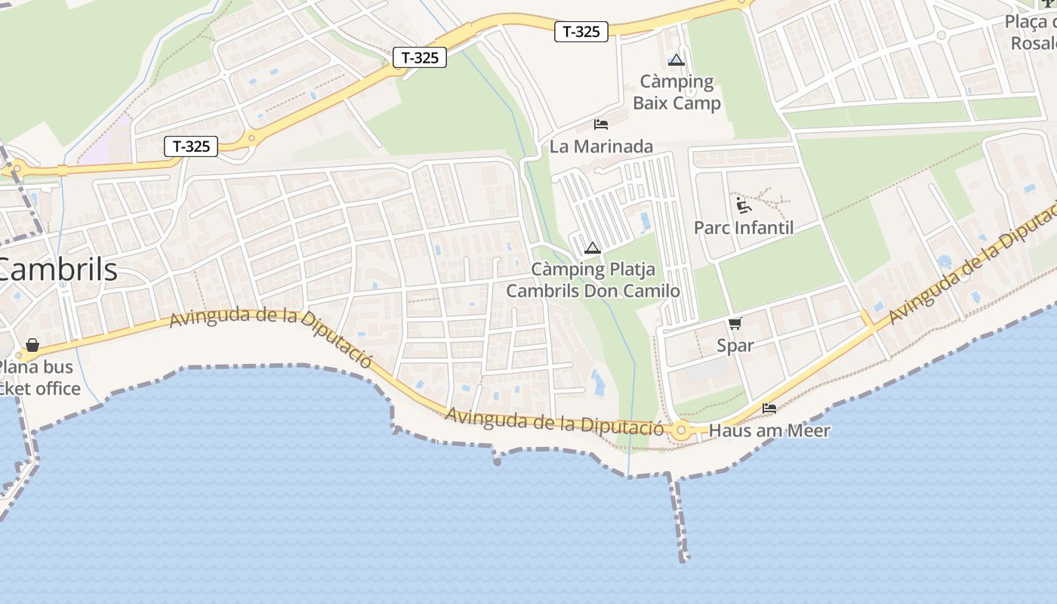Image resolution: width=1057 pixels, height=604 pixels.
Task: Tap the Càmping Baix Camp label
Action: tap(676, 92)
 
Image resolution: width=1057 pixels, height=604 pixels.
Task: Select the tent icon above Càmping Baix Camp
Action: tap(676, 60)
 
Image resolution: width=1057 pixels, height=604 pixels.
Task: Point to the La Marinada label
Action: tap(601, 146)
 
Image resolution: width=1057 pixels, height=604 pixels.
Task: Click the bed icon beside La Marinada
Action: tap(601, 124)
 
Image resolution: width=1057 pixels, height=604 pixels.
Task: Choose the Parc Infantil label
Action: tap(743, 227)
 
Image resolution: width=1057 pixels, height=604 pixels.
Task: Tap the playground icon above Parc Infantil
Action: tap(743, 205)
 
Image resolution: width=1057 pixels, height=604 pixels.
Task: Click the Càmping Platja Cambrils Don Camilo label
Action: tap(593, 280)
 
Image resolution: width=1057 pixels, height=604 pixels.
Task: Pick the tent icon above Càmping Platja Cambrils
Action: tap(593, 247)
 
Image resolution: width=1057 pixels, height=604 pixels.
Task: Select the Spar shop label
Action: tap(735, 346)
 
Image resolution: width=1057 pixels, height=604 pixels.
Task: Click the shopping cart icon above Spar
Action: tap(735, 323)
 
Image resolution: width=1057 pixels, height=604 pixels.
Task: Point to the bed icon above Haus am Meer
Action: tap(769, 408)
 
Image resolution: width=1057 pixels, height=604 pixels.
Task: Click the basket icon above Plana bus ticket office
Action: tap(32, 345)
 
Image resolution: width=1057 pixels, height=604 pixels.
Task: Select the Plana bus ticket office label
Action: tap(38, 378)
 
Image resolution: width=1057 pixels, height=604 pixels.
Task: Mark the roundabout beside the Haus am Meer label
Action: tap(683, 431)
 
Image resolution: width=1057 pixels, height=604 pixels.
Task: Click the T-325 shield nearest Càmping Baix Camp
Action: tap(581, 31)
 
